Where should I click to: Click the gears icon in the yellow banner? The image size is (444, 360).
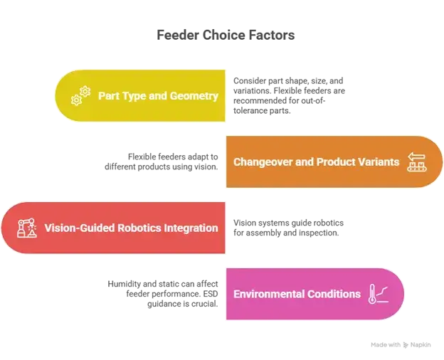[80, 95]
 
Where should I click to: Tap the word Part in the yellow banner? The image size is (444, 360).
[109, 95]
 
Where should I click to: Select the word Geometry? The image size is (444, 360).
[194, 95]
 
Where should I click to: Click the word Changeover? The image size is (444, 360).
[263, 162]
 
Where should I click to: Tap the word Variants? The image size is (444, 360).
[379, 162]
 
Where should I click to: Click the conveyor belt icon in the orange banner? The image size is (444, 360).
[416, 162]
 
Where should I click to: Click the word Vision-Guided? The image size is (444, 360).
[78, 228]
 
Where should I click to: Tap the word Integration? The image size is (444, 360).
[191, 228]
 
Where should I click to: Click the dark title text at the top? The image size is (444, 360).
[222, 34]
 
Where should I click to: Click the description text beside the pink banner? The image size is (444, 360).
[164, 293]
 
